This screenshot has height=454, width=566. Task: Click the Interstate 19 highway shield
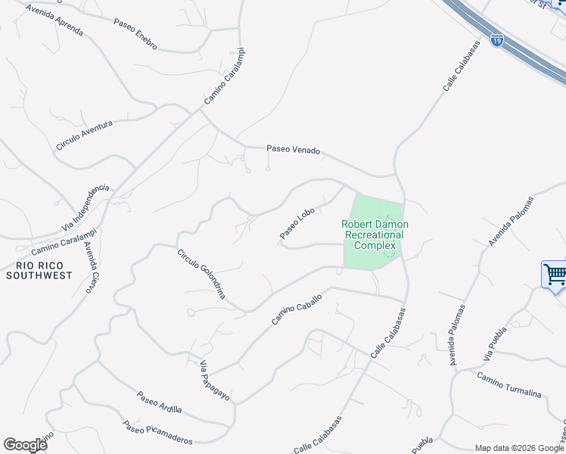click(496, 41)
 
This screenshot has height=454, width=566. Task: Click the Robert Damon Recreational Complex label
click(375, 235)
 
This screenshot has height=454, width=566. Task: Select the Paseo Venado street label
click(294, 150)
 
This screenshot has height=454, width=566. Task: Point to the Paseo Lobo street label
click(297, 224)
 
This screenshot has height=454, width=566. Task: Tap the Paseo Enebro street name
click(135, 35)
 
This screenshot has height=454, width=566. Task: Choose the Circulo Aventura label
click(84, 135)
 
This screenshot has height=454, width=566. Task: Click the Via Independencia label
click(85, 208)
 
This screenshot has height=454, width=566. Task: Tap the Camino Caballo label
click(297, 310)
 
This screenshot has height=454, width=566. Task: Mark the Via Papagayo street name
click(215, 381)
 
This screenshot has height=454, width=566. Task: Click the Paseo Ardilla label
click(160, 402)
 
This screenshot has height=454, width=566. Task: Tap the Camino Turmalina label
click(509, 384)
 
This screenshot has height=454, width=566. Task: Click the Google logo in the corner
click(25, 445)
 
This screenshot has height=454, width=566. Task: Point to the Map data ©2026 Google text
click(519, 448)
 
